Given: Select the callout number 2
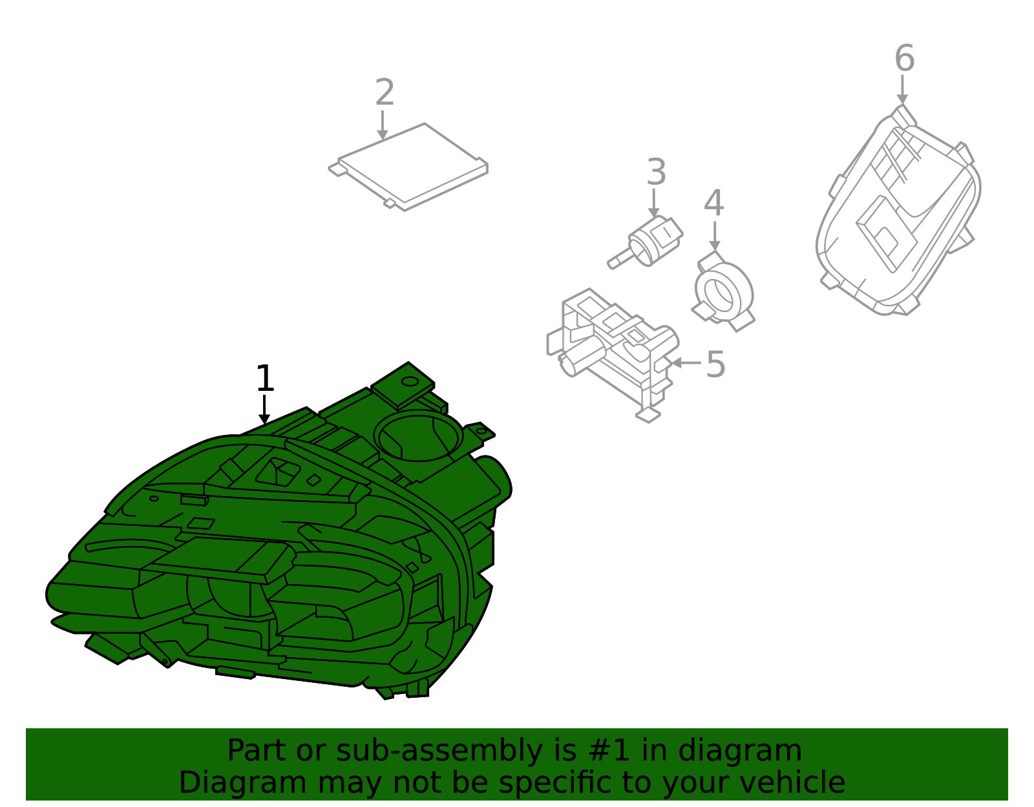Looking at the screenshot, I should tap(385, 92).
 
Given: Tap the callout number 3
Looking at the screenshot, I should tap(656, 173).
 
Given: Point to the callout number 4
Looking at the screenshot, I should tap(713, 204).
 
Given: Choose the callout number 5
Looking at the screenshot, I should tap(715, 364).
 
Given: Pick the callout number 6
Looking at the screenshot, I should tap(904, 58).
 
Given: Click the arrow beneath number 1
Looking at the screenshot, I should tap(264, 410).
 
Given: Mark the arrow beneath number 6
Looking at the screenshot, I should tap(902, 89).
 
